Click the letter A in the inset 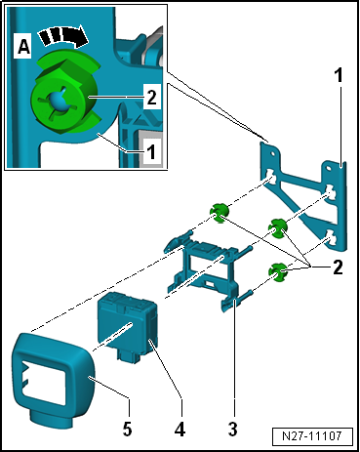click(x=23, y=48)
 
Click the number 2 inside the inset click(x=151, y=97)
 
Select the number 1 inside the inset click(x=151, y=151)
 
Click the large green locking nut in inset click(x=64, y=96)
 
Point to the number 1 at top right click(x=339, y=75)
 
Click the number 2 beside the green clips click(x=338, y=267)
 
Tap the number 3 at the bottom click(x=233, y=429)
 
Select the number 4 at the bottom click(x=180, y=429)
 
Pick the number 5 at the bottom click(x=127, y=429)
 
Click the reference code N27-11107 click(x=312, y=436)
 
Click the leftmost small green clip click(x=220, y=213)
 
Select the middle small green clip click(x=277, y=227)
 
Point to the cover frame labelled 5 click(x=52, y=378)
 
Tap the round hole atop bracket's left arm click(x=272, y=151)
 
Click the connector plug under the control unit click(x=129, y=355)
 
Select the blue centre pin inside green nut click(x=59, y=101)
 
